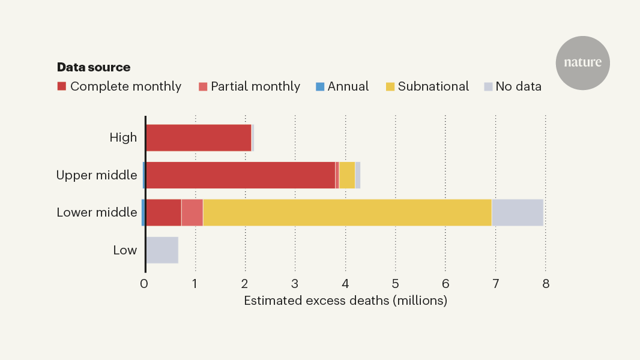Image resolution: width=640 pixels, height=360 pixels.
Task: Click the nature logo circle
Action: coord(582,63)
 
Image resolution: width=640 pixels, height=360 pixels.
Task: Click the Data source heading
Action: coord(94,67)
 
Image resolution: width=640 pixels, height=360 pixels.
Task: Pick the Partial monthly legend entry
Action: coord(249,86)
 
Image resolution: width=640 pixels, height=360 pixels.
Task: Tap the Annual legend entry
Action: coord(342,86)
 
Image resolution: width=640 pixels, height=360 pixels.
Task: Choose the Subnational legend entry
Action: coord(427,86)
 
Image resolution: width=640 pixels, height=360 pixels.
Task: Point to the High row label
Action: coord(123,137)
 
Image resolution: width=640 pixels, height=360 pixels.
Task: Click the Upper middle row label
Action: coord(97,175)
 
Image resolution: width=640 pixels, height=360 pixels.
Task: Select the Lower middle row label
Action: coord(97,212)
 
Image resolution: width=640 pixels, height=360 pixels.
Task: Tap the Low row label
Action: coord(125,250)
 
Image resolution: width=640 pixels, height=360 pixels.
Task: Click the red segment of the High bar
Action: coord(198,137)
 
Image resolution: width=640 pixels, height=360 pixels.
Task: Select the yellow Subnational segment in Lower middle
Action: coord(347,212)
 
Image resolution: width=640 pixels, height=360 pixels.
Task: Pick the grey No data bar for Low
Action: coord(162,250)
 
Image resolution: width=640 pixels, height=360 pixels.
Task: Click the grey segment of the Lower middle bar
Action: coord(518,212)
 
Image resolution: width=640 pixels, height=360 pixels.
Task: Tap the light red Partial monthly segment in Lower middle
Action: coord(192,212)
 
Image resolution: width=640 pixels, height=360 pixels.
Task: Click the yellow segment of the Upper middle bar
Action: coord(347,175)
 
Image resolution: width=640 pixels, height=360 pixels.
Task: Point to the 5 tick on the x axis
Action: coord(395,284)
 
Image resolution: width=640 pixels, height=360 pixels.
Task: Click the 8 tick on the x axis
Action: coord(545,284)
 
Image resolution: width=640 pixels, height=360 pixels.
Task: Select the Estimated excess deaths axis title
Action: coord(345,301)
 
